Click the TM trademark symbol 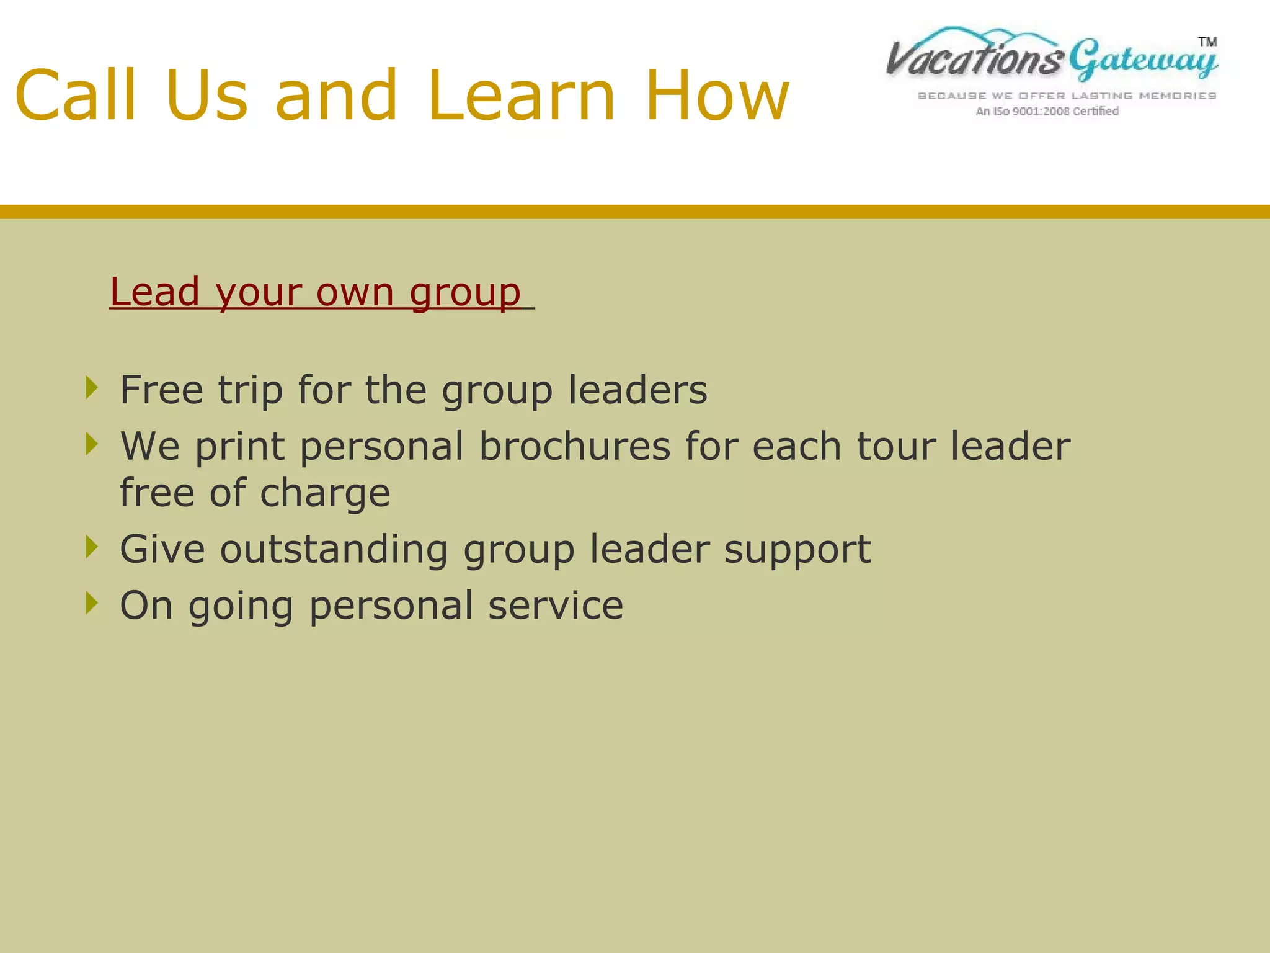1207,42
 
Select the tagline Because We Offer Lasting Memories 1067,96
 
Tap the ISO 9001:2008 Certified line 1047,111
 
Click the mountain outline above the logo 992,34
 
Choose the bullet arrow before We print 92,444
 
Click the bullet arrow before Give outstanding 92,547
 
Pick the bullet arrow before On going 92,603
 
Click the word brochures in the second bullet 575,446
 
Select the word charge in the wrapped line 324,493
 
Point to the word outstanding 334,549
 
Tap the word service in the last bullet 555,606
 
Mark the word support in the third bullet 797,550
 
